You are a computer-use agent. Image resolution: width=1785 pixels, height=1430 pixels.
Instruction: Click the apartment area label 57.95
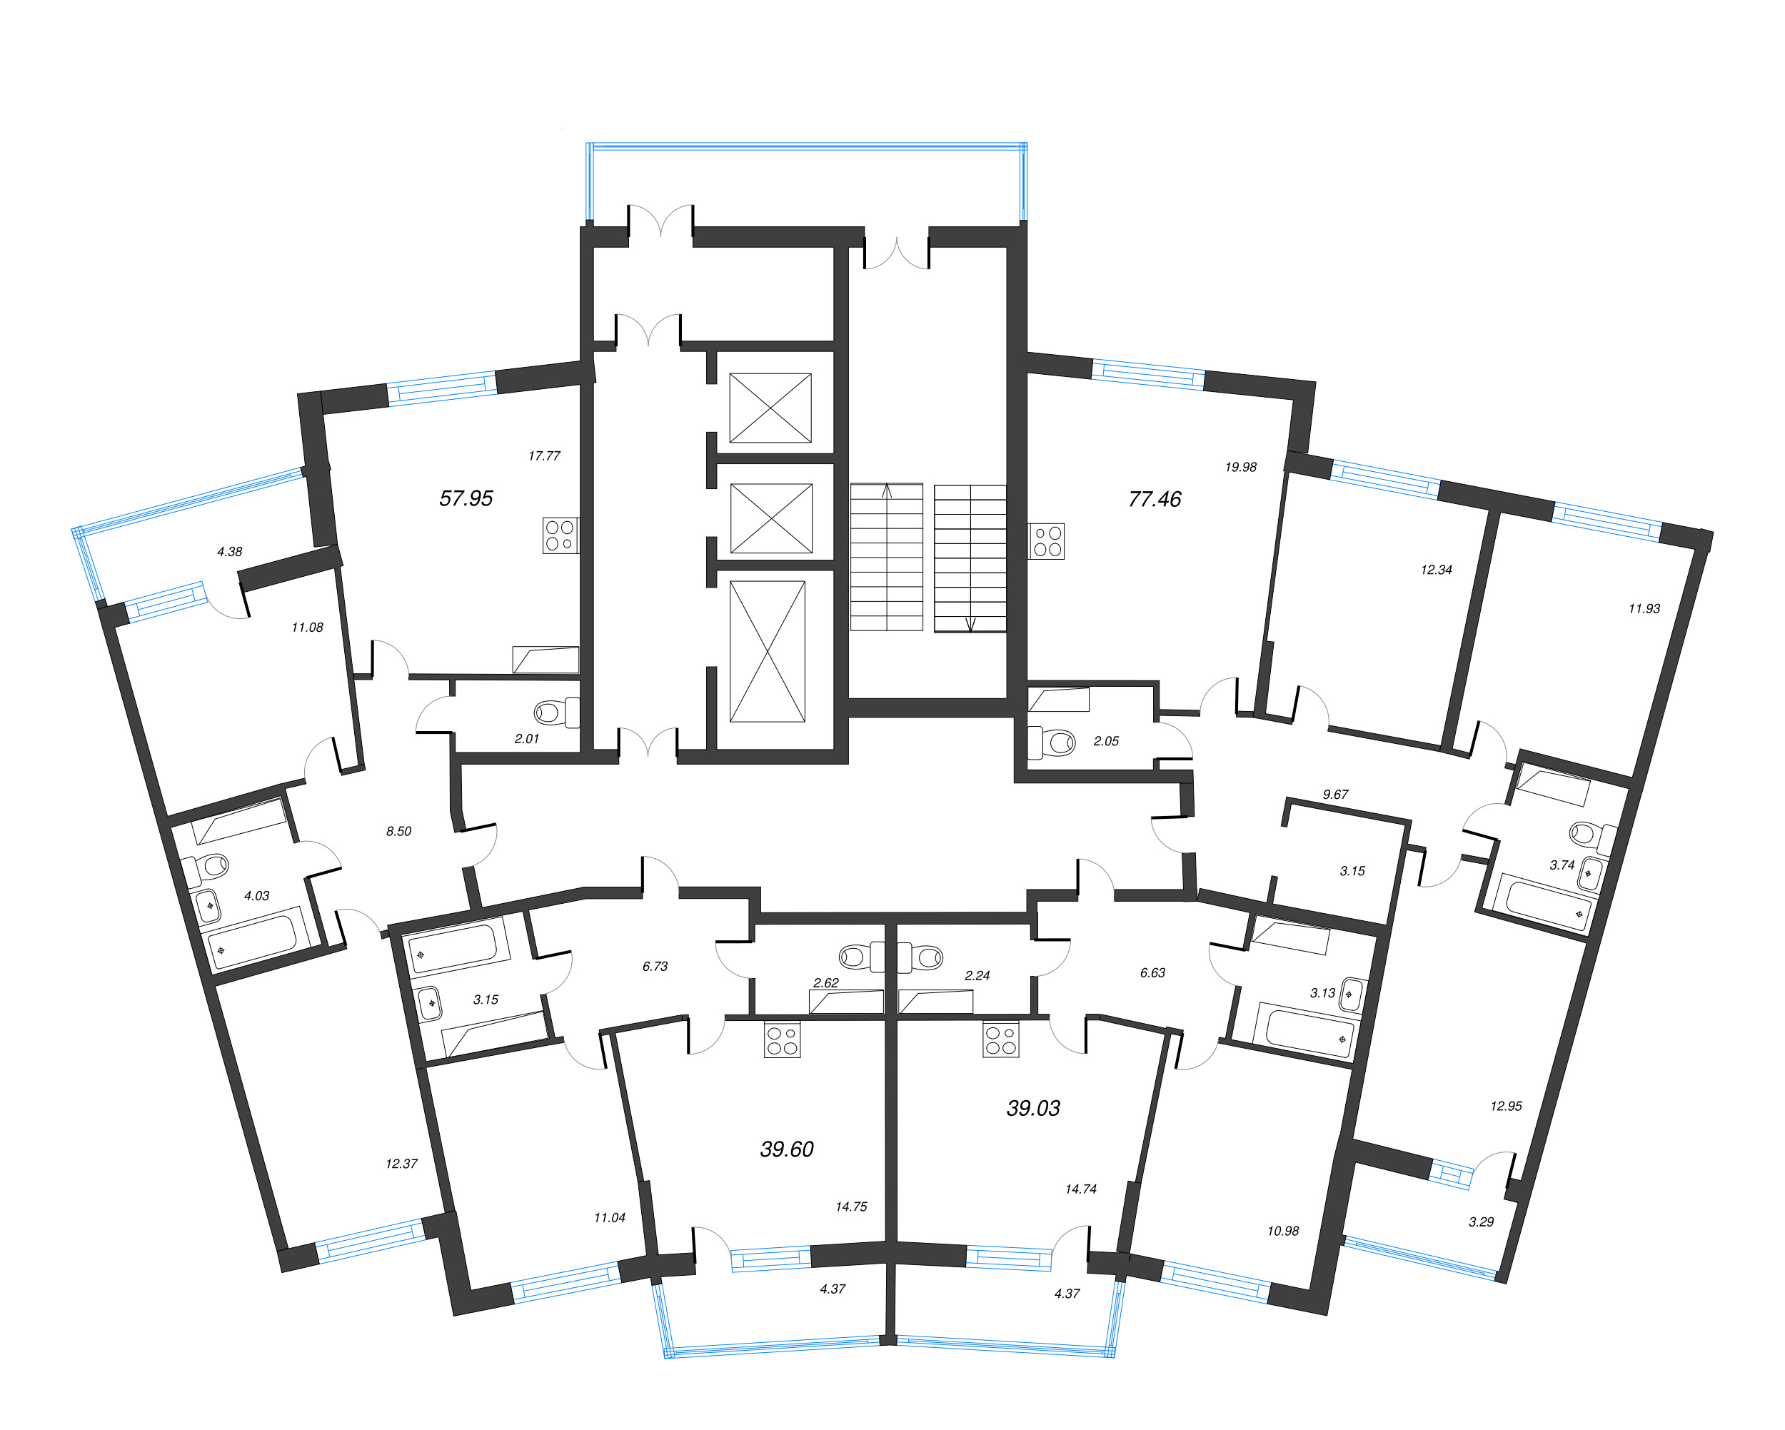pyautogui.click(x=466, y=498)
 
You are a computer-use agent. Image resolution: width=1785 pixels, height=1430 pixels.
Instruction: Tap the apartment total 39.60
pyautogui.click(x=787, y=1149)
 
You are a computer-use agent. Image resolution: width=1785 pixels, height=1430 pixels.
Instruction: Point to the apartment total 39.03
pyautogui.click(x=1032, y=1108)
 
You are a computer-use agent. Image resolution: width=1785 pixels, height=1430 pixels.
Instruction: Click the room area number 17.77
pyautogui.click(x=544, y=456)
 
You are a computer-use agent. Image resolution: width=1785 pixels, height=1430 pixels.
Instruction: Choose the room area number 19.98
pyautogui.click(x=1240, y=468)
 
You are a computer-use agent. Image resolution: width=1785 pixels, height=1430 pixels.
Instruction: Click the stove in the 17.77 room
pyautogui.click(x=560, y=535)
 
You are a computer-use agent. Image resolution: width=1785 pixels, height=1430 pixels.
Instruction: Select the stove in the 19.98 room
pyautogui.click(x=1047, y=542)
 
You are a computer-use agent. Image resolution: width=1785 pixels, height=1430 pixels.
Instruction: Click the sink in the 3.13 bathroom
pyautogui.click(x=1350, y=994)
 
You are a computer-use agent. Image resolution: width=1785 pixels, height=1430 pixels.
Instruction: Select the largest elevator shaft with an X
pyautogui.click(x=767, y=651)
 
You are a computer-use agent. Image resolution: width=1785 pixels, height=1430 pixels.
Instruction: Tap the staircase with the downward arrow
pyautogui.click(x=970, y=558)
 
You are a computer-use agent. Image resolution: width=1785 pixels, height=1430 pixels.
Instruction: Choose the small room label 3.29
pyautogui.click(x=1480, y=1222)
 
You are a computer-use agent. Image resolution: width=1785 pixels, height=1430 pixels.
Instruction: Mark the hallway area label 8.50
pyautogui.click(x=398, y=831)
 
